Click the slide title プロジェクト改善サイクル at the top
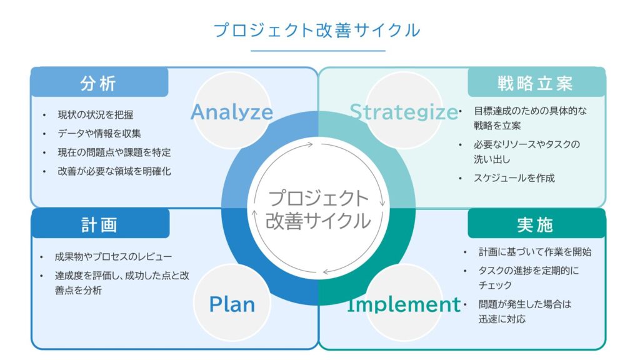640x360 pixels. click(317, 30)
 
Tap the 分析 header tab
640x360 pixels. click(99, 83)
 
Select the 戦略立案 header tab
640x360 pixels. click(536, 83)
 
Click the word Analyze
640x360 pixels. click(232, 112)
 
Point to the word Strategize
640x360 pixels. click(404, 112)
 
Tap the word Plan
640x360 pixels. click(232, 304)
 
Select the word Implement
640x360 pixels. click(404, 304)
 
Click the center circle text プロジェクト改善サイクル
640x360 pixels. click(318, 209)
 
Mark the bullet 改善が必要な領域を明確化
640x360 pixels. click(114, 171)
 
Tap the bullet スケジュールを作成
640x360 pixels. click(514, 177)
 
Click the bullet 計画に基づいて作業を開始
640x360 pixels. click(535, 252)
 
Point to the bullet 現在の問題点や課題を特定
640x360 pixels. click(114, 152)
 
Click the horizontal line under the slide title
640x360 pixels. click(318, 51)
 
